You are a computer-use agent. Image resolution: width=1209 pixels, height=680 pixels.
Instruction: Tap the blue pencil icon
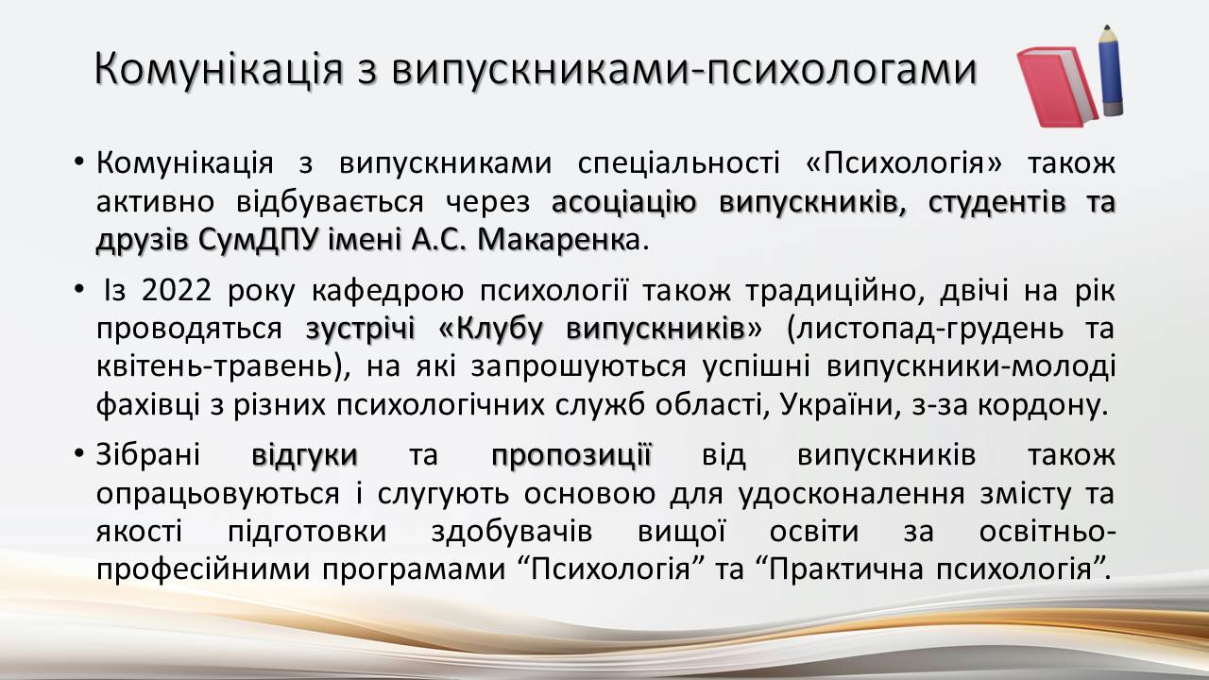click(1112, 70)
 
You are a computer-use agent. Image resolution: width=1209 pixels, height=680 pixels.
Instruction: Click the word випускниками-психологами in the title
click(685, 70)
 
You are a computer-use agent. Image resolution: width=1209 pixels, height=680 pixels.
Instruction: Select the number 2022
click(177, 290)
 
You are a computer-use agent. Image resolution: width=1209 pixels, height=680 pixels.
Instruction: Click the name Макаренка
click(557, 240)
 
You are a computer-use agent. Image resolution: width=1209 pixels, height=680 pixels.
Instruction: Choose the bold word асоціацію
click(624, 202)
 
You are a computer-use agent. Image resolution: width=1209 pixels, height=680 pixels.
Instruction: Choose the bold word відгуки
click(304, 455)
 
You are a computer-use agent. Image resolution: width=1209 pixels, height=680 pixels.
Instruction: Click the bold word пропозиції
click(571, 455)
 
